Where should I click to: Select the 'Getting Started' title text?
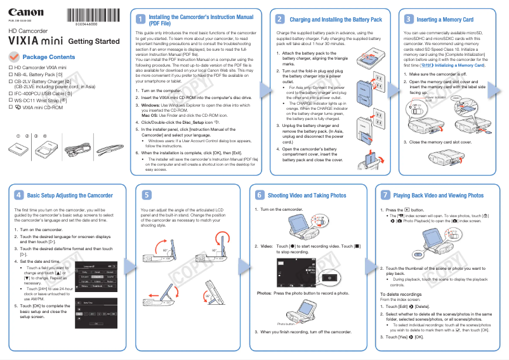[93, 42]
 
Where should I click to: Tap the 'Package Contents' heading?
[53, 57]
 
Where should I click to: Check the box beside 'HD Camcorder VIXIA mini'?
[10, 67]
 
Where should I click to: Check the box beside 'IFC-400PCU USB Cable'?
[10, 93]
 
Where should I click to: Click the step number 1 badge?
[140, 20]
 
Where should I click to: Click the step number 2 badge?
[279, 20]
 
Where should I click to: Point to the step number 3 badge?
[409, 20]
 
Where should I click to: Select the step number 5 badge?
[147, 195]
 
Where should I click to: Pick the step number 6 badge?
[260, 195]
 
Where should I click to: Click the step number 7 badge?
[385, 195]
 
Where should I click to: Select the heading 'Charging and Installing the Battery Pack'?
[336, 20]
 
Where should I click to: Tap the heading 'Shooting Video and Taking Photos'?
[307, 196]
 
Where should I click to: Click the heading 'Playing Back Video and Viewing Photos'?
[439, 196]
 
